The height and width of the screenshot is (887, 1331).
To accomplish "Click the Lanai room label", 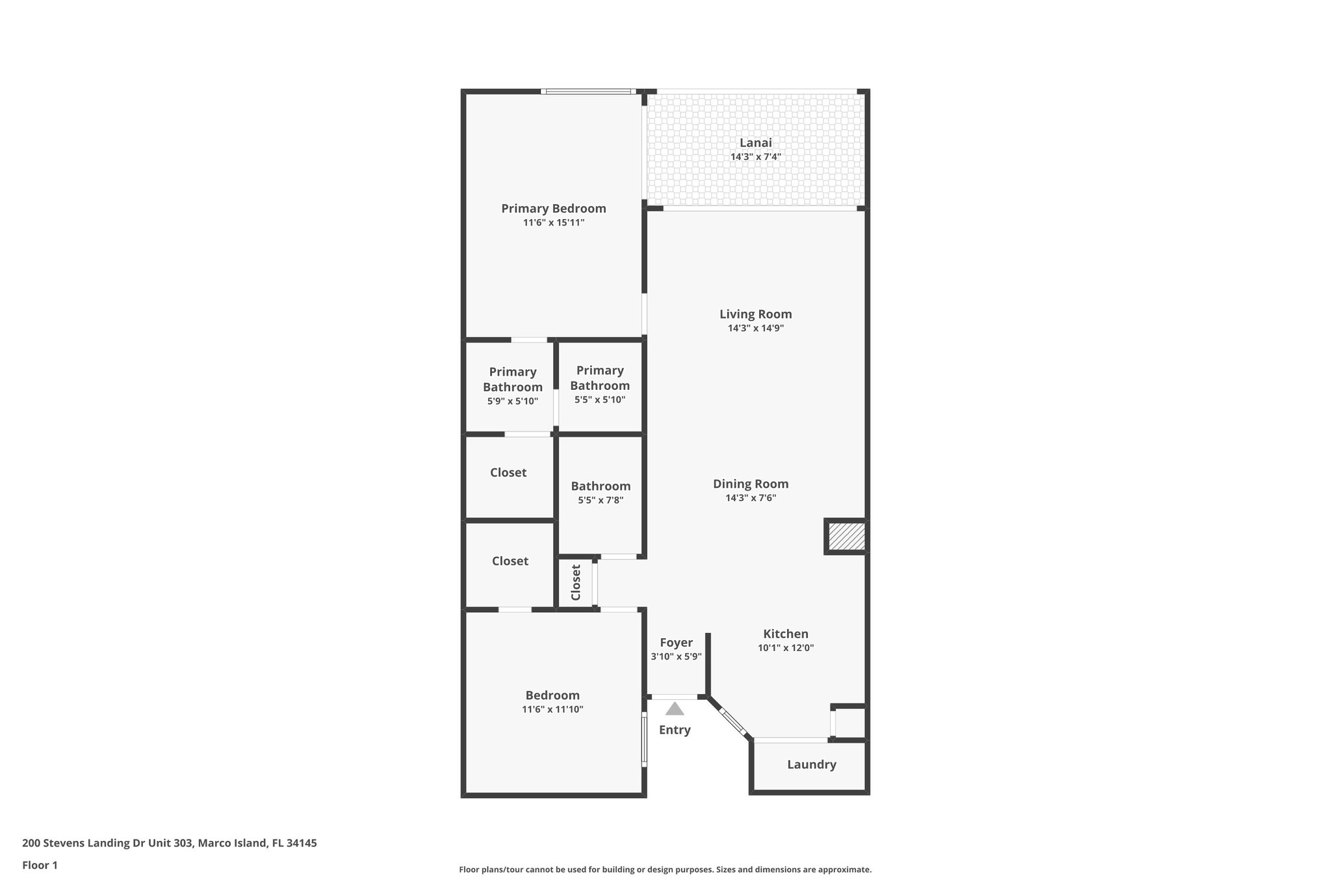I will (755, 143).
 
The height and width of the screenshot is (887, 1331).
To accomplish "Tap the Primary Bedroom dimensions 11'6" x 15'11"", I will (554, 223).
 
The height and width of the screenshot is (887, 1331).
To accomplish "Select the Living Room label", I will (755, 315).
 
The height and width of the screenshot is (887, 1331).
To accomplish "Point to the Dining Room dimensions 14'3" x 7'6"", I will (751, 498).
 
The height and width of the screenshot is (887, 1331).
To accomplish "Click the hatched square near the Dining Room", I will (846, 537).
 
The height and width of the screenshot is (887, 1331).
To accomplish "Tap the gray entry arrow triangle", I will (675, 709).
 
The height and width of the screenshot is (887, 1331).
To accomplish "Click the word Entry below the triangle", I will (675, 730).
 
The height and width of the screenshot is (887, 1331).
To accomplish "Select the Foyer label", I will (676, 643).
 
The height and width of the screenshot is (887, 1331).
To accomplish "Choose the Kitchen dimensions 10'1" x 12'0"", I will (786, 648).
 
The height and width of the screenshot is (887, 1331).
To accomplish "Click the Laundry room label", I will (811, 765).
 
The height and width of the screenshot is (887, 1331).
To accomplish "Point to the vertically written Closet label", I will (576, 582).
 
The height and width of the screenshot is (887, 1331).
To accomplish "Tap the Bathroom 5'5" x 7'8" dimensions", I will (601, 500).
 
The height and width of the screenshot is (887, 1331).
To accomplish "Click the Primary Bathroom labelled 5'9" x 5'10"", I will (513, 385).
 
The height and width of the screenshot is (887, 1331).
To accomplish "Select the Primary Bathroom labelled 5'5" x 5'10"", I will (600, 384).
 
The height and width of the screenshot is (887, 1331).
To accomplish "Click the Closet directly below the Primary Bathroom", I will (508, 473).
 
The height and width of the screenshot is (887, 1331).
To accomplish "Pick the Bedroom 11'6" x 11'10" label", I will (552, 695).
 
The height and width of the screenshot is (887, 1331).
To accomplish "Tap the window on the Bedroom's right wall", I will (644, 739).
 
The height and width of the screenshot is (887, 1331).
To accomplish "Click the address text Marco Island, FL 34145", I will (257, 843).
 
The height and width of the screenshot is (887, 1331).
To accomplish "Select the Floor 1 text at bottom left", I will (40, 865).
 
